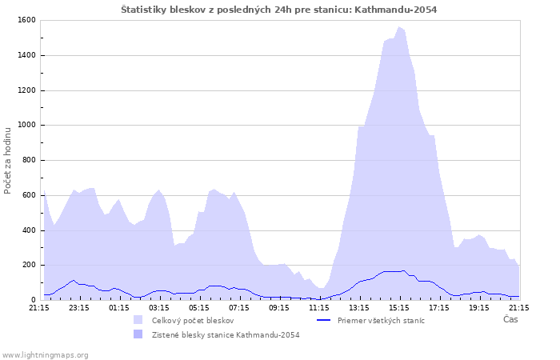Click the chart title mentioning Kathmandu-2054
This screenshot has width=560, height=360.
click(x=279, y=10)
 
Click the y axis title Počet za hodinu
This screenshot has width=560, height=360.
click(x=8, y=160)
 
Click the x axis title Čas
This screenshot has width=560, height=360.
click(x=510, y=319)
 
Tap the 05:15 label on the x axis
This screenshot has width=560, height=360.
click(x=198, y=307)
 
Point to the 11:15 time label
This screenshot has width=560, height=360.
click(x=318, y=307)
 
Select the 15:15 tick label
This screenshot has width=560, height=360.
click(x=398, y=307)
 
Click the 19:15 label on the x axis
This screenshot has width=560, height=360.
click(x=478, y=307)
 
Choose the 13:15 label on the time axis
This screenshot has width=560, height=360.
click(x=358, y=307)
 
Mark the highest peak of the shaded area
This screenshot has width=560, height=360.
click(x=399, y=27)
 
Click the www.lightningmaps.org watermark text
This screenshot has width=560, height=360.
click(x=46, y=354)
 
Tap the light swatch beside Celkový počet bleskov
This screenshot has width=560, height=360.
click(x=138, y=320)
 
